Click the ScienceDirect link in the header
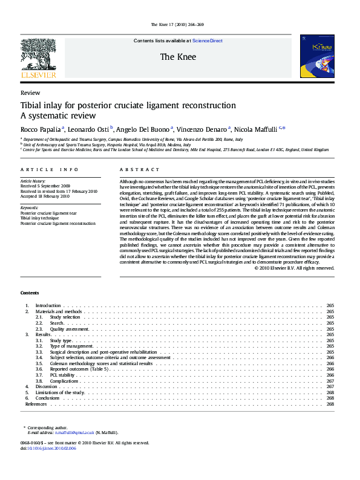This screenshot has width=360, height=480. point(208,41)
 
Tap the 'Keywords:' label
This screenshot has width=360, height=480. point(30,207)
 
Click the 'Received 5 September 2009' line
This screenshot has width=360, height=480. point(45,186)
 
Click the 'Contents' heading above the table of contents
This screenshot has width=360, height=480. point(30,293)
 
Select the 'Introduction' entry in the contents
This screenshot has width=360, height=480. point(48,306)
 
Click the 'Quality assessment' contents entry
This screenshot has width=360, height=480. point(69,329)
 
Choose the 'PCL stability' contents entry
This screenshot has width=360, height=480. point(62,375)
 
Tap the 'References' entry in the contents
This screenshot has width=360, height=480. point(36,404)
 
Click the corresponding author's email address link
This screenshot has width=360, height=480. point(75,433)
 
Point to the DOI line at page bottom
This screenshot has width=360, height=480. point(48,449)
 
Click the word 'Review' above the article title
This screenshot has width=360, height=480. point(30,93)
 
